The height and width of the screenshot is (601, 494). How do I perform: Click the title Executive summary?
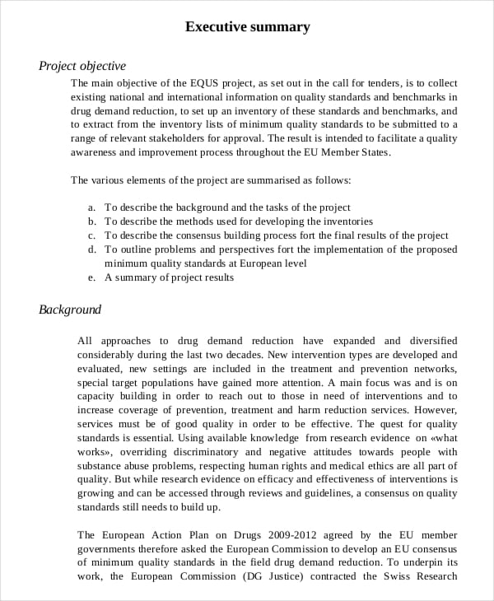click(x=247, y=27)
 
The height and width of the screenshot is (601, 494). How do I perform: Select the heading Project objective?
click(x=82, y=66)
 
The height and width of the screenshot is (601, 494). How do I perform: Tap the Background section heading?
click(x=70, y=310)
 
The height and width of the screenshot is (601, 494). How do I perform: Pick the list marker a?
click(x=92, y=207)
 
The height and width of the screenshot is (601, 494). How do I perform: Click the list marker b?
click(x=92, y=221)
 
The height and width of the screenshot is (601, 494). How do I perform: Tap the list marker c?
click(x=92, y=235)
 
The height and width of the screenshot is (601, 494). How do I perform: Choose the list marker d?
click(x=92, y=249)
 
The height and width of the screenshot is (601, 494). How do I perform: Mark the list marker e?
click(x=92, y=277)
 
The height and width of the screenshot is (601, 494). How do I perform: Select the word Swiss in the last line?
click(x=398, y=576)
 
